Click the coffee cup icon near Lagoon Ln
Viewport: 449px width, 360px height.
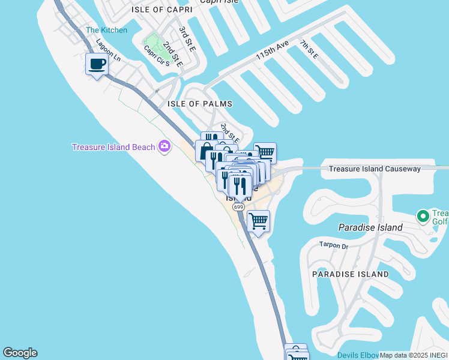(97, 64)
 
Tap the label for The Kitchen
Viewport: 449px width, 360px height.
(106, 30)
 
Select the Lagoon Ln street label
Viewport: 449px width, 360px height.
(109, 51)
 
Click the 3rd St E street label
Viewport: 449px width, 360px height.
(187, 38)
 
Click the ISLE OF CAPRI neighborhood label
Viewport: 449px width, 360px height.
(158, 10)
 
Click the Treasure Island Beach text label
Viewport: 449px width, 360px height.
(113, 147)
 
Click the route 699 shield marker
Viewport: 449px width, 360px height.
(239, 207)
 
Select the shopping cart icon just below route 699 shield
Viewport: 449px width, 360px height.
(258, 221)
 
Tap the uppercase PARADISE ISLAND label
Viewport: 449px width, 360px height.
(350, 274)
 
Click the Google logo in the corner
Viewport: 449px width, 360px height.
(20, 353)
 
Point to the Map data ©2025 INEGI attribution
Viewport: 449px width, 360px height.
(414, 355)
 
